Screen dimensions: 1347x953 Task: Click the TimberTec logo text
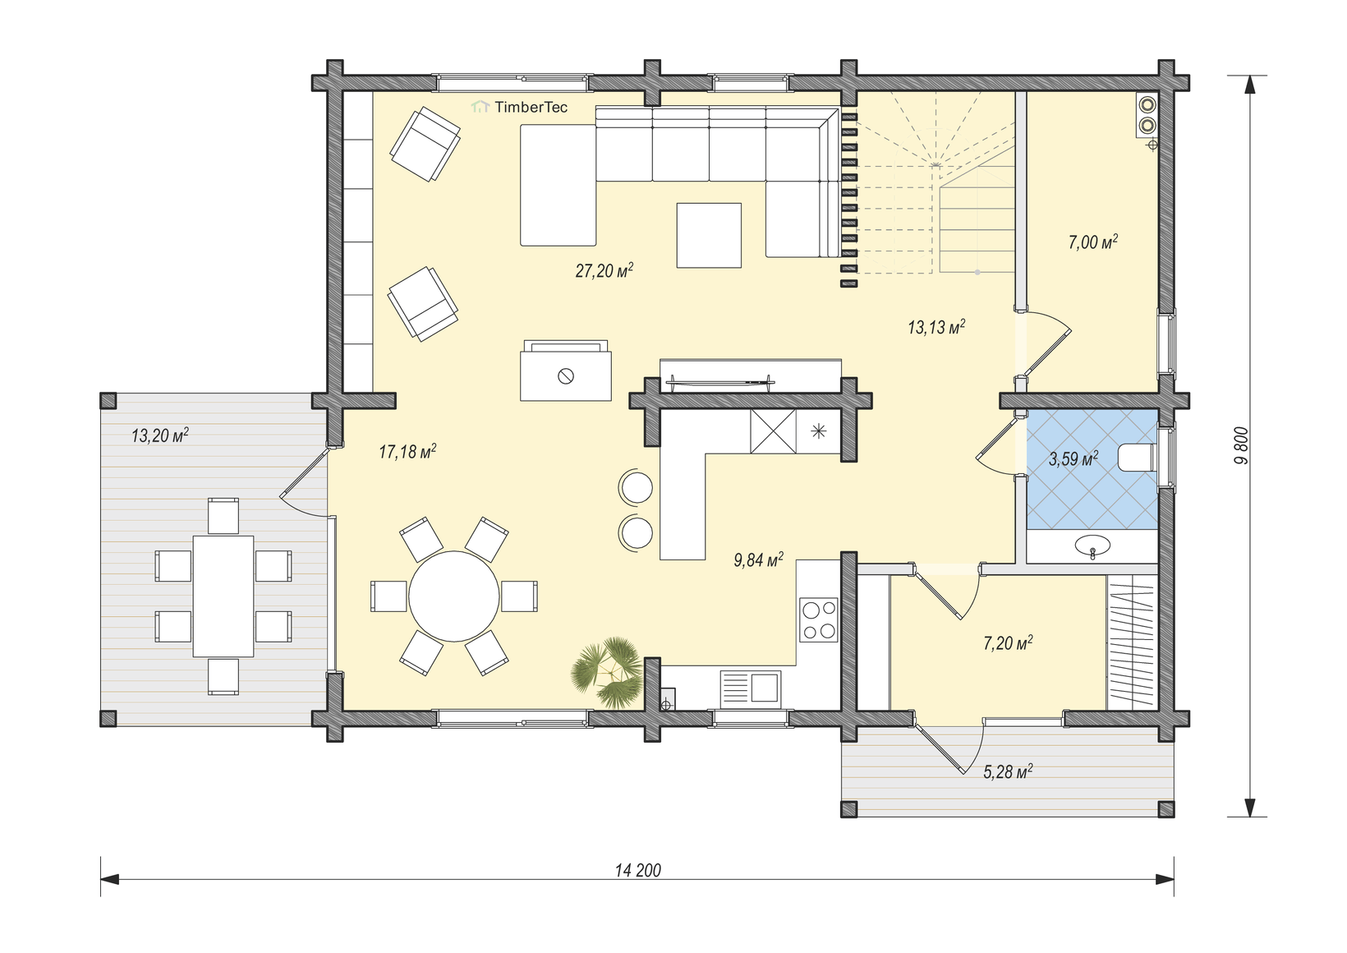point(531,107)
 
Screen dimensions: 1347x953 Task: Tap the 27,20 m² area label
point(605,271)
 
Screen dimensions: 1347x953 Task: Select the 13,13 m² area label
point(936,327)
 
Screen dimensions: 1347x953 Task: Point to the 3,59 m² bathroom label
point(1073,459)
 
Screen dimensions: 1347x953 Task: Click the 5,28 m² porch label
point(1008,771)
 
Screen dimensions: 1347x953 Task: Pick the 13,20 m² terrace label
point(160,435)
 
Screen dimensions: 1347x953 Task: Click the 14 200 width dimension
point(638,870)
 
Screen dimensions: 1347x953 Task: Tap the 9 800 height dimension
point(1240,446)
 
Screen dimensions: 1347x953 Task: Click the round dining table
point(454,596)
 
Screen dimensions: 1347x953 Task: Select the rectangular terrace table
point(223,596)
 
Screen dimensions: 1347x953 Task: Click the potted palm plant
point(607,672)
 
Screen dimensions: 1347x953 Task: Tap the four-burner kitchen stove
point(818,619)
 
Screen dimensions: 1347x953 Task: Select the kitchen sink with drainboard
point(751,689)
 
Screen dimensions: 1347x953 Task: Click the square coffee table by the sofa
point(709,235)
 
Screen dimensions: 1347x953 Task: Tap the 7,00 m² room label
point(1092,242)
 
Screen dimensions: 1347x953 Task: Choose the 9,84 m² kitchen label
point(758,560)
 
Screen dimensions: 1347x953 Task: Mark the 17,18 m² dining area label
point(407,451)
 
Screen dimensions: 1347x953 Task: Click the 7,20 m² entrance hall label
point(1008,643)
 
